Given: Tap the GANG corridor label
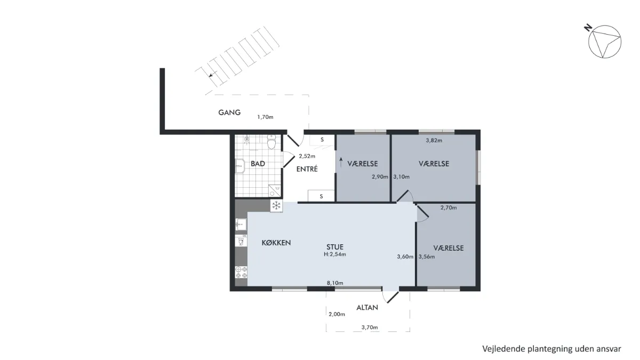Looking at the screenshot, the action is pos(229,113).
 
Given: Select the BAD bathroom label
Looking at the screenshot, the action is pos(258,164).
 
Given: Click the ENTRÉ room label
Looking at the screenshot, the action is pos(307,169).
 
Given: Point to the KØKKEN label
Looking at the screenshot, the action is pos(276,243).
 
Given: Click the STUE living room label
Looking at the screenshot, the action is pos(335,247).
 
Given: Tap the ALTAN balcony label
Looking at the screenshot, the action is pos(367,307).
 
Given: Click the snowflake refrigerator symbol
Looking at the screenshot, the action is pos(276,205).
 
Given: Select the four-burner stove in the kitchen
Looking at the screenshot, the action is pos(241,273).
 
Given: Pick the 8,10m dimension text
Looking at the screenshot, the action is pos(335,283).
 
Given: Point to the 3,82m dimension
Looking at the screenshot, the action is pos(434,140).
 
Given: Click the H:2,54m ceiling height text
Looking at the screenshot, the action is pos(335,254).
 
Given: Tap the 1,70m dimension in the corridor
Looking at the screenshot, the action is pos(265,117).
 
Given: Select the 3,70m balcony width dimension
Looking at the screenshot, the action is pos(370,327).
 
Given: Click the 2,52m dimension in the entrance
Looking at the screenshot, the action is pos(307,156).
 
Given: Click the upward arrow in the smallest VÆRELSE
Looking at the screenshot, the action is pos(341,162).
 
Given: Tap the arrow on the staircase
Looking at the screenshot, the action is pos(212,75).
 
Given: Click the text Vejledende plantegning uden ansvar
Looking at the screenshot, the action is pos(551,349).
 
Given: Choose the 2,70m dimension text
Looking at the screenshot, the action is pos(449,207).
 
